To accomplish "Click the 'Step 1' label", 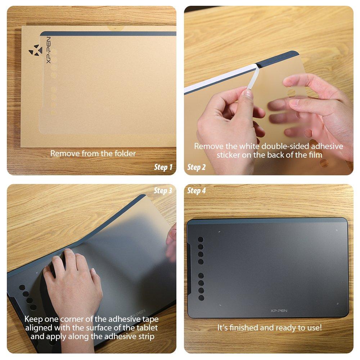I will pos(163,167).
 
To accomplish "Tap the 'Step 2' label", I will pos(197,167).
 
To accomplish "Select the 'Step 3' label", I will pos(163,191).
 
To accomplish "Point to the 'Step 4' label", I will pos(197,191).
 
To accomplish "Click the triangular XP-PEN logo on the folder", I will pos(34,49).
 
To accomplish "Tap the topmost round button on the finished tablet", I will pos(201,240).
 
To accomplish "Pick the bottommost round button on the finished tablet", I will pos(201,298).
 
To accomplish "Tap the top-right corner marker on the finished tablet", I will pos(337,231).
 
